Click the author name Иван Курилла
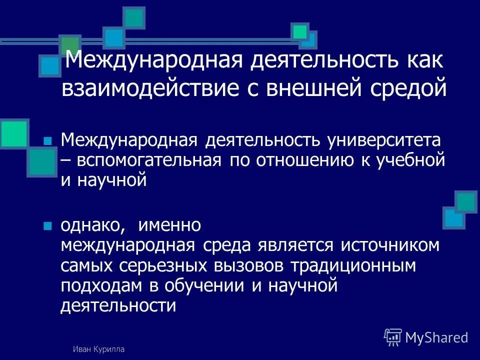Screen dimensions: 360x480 point(98,349)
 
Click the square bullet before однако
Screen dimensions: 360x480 point(48,226)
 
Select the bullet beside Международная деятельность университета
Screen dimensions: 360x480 point(48,141)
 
